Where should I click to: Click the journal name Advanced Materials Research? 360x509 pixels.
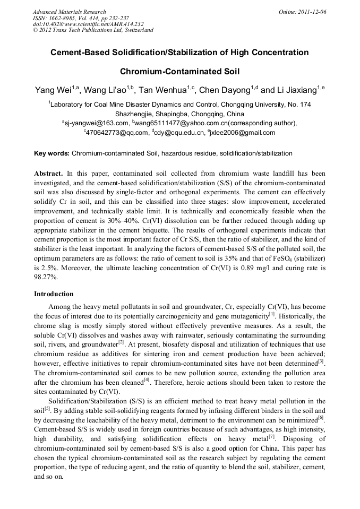click(x=69, y=12)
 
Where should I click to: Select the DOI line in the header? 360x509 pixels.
click(x=88, y=24)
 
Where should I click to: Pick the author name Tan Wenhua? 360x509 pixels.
click(x=161, y=90)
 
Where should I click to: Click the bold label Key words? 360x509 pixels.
click(x=52, y=153)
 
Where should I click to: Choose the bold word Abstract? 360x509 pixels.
click(x=49, y=174)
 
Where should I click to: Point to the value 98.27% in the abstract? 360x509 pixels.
click(x=46, y=277)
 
